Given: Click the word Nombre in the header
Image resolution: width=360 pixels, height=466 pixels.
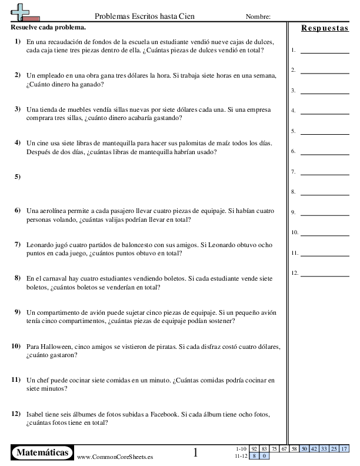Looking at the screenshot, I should [x=258, y=16].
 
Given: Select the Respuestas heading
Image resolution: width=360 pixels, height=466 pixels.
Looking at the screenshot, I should [x=324, y=28].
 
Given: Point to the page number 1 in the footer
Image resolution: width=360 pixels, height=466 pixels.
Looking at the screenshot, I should [x=195, y=452].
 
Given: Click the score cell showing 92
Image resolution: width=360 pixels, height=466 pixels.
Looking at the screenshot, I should [x=254, y=448].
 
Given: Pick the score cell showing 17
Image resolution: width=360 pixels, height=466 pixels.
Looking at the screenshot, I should [x=344, y=448].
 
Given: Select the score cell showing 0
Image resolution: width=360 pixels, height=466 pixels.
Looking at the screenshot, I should [x=264, y=455].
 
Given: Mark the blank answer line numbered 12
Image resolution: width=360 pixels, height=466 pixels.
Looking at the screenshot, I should [x=324, y=273].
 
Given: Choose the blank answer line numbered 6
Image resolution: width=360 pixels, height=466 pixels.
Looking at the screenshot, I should [x=324, y=151].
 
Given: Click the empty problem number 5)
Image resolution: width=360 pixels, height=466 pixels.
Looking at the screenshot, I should [x=17, y=177].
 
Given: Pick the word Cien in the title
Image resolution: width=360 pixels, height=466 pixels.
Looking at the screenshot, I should [x=202, y=16].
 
